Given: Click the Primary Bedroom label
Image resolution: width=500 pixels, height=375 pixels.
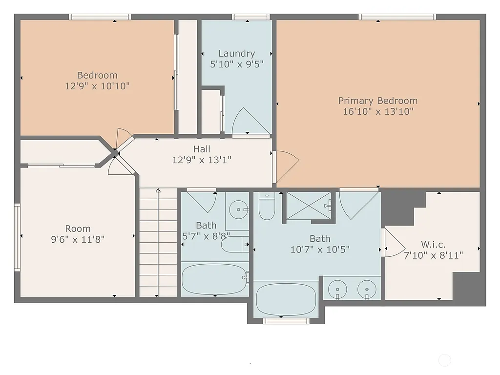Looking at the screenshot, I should click(378, 101).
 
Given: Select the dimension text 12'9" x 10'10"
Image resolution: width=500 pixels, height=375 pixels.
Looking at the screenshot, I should click(97, 85).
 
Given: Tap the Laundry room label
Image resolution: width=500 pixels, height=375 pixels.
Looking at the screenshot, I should click(236, 53).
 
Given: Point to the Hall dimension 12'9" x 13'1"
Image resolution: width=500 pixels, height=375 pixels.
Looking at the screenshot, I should click(202, 159).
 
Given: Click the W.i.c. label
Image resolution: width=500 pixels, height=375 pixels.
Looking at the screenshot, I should click(433, 244).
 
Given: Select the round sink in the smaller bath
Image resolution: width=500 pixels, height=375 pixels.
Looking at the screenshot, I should click(239, 210).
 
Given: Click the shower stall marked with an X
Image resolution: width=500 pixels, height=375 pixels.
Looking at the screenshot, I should click(308, 206).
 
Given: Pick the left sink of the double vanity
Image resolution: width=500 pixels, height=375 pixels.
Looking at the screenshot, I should click(337, 289).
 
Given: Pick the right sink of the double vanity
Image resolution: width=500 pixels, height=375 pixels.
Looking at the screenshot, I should click(366, 289).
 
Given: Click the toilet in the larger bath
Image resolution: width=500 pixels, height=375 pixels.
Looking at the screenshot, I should click(267, 207).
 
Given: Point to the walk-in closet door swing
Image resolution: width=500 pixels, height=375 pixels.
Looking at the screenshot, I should click(392, 243).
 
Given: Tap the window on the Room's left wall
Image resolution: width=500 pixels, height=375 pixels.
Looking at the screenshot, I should click(17, 237).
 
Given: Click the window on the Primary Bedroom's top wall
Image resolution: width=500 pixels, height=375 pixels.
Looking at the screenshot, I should click(397, 17).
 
